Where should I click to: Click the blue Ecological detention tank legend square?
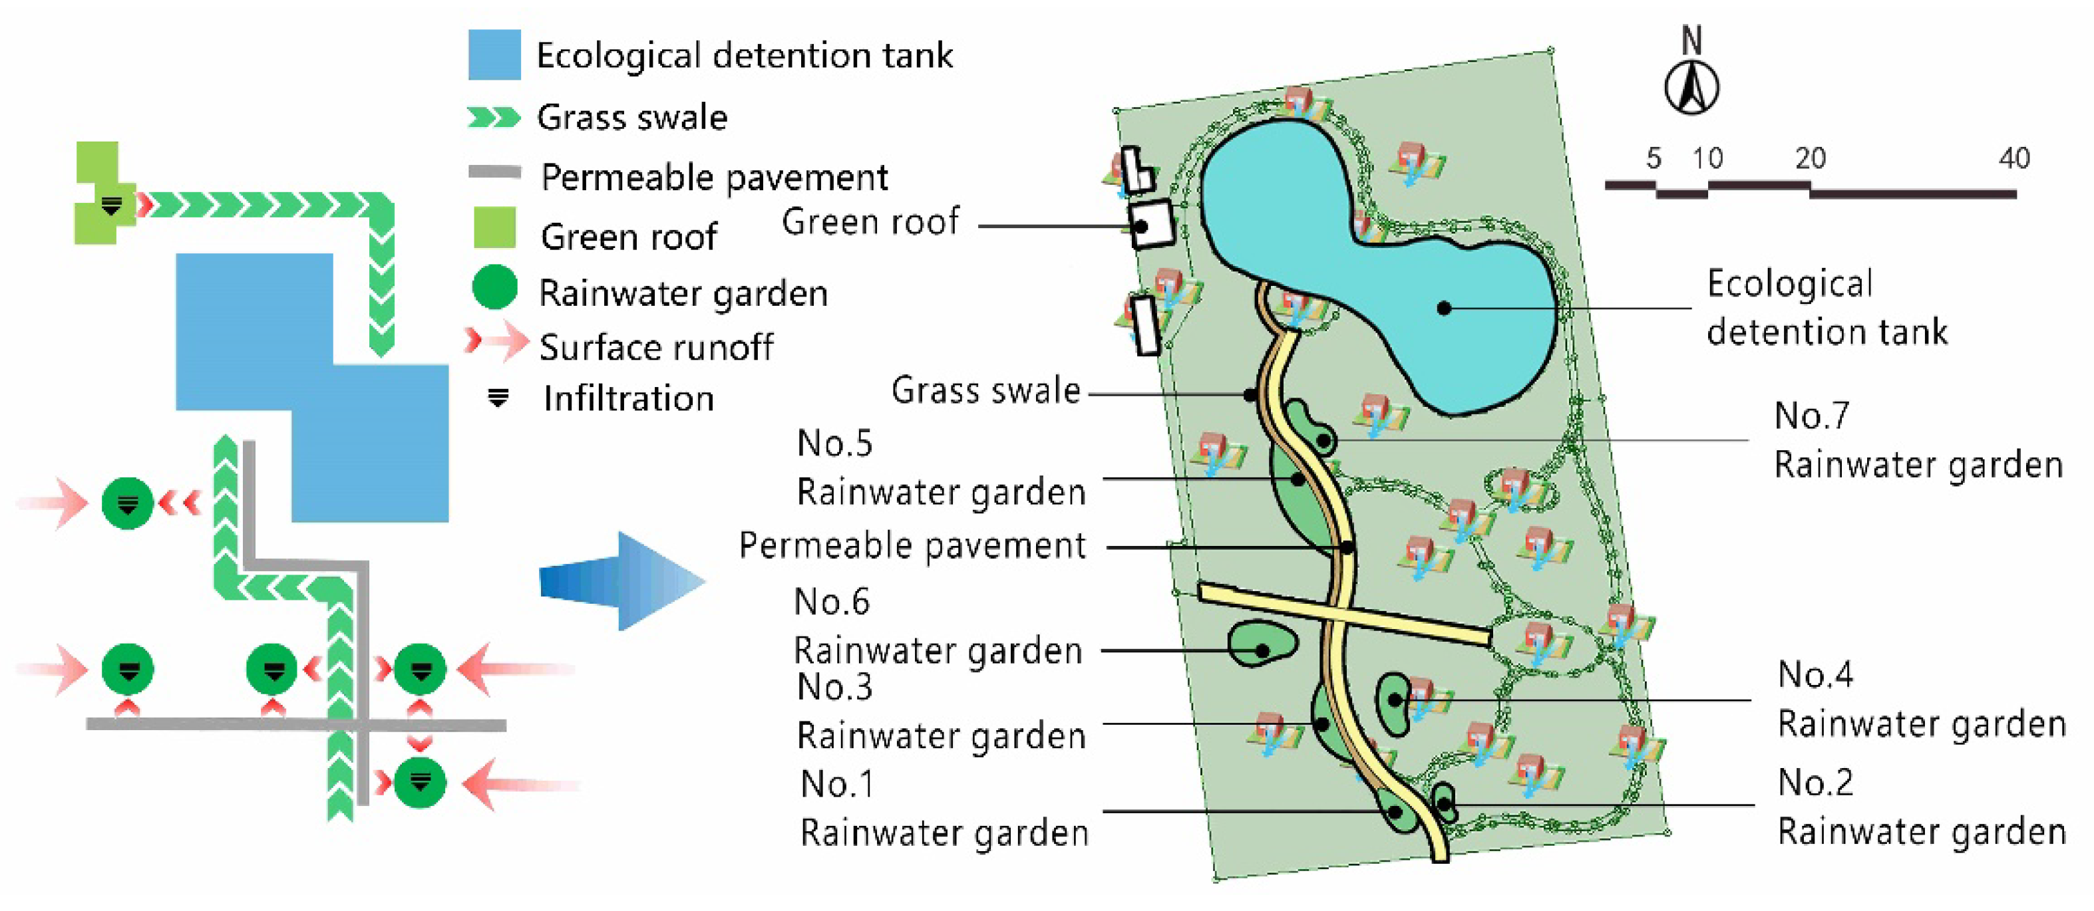tap(494, 55)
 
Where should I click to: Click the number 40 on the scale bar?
tap(2013, 158)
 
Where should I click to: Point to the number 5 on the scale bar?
tap(1653, 158)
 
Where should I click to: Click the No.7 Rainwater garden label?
tap(1917, 440)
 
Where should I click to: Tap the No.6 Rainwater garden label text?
tap(938, 626)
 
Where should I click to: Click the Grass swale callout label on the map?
tap(985, 390)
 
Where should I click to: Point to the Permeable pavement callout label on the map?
tap(911, 545)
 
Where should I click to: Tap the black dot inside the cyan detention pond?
tap(1444, 308)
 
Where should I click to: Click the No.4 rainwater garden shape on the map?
tap(1393, 703)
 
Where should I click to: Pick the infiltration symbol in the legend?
tap(498, 398)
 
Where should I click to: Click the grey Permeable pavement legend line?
tap(494, 172)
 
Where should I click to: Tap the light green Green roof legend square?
tap(494, 227)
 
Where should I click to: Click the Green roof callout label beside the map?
tap(870, 222)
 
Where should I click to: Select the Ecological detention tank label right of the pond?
tap(1826, 307)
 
